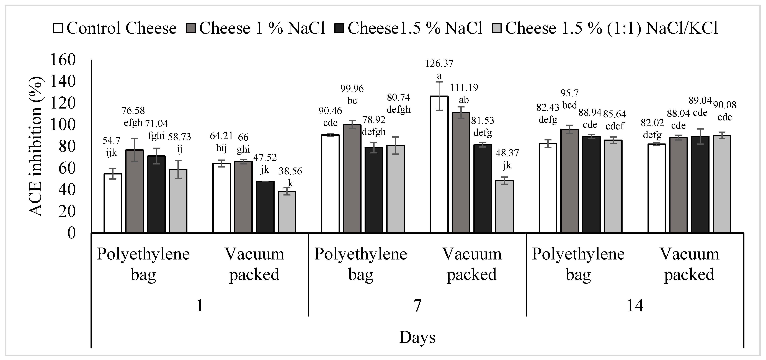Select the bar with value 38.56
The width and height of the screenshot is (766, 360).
[287, 212]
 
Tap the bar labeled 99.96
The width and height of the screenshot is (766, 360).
[352, 179]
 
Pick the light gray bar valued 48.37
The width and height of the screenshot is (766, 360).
[504, 207]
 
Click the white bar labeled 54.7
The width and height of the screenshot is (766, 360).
[113, 203]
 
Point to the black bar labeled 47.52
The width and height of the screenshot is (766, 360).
[265, 207]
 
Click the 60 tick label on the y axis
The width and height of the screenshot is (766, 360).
[67, 168]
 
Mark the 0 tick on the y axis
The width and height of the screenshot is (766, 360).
[72, 233]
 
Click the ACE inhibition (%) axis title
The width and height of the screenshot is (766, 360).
[36, 146]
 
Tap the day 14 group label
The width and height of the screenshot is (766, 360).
[635, 305]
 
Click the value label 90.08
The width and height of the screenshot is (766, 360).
[725, 105]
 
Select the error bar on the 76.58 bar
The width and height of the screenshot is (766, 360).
[134, 150]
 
